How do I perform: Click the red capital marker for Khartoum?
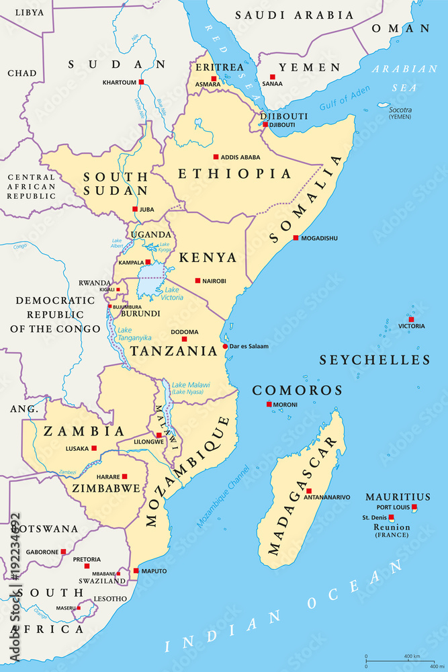point(141,82)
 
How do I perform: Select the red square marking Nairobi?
point(197,281)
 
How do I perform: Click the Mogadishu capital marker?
point(296,238)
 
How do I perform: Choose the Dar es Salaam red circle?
point(225,347)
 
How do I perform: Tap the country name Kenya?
point(208,257)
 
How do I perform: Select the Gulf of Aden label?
point(344,100)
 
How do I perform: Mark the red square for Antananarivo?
point(308,491)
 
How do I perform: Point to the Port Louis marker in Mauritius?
point(414,507)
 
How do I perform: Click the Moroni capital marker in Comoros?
point(269,404)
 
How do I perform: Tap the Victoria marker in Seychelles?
point(411,319)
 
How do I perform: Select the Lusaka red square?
point(94,448)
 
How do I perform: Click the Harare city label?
point(108,476)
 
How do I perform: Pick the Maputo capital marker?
point(136,571)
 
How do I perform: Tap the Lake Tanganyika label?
point(134,334)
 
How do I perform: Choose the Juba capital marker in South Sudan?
point(134,209)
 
